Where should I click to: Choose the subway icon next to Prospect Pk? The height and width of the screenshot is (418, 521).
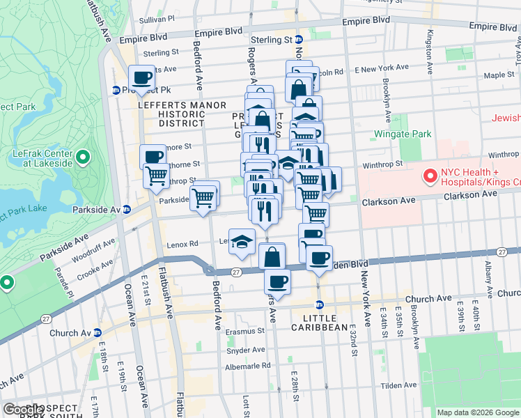click(116, 90)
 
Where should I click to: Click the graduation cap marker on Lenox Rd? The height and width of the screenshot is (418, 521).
click(241, 241)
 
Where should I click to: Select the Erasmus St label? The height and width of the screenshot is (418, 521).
click(242, 332)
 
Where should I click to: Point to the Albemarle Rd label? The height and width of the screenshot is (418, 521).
click(248, 366)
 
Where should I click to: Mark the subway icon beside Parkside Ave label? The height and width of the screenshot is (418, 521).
click(126, 209)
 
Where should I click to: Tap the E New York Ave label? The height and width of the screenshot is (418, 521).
click(381, 68)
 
